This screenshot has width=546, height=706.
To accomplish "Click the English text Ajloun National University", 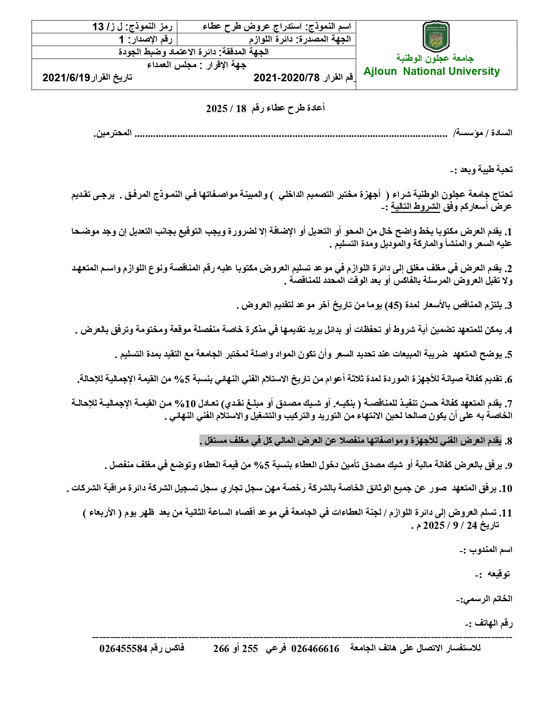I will pos(432,71).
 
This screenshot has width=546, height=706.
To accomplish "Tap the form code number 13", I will pos(98,27).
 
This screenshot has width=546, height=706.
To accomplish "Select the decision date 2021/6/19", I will pos(66,77).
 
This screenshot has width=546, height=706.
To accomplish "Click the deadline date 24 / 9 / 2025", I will pos(454,525).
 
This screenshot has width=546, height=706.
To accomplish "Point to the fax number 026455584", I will pos(124,649).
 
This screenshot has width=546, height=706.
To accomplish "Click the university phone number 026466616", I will pos(315,649).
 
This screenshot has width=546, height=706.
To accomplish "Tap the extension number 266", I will pos(221,649).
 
